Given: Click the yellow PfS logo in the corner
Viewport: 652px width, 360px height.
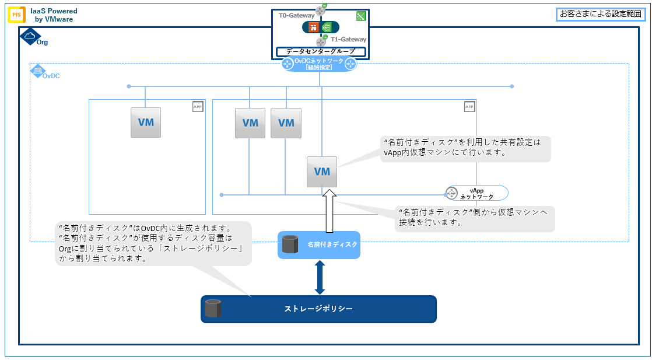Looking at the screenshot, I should tap(16, 15).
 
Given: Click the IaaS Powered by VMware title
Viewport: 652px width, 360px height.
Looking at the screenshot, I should tap(54, 15).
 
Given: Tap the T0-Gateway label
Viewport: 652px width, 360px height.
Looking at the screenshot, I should tap(297, 16).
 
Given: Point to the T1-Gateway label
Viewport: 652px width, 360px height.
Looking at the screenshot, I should tap(348, 40).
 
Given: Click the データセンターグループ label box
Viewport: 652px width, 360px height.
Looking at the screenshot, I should tap(321, 52).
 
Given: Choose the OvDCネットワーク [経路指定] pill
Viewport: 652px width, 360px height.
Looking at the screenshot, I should tap(319, 64).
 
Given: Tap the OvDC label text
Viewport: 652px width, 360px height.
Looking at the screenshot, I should tap(51, 76).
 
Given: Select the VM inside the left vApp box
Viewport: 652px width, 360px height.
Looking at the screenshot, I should tap(146, 123).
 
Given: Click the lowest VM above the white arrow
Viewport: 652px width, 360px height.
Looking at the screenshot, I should tap(322, 172).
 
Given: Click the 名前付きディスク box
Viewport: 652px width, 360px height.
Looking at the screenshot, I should tap(319, 244).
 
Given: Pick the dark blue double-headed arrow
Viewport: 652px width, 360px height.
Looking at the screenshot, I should tap(320, 277).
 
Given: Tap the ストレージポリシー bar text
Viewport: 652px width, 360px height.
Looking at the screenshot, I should tap(318, 309).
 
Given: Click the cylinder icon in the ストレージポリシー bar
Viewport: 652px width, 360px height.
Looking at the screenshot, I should tap(213, 309).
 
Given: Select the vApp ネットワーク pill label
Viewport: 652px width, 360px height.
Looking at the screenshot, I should tap(476, 193).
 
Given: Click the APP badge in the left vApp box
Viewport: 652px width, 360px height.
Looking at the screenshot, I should tap(198, 107).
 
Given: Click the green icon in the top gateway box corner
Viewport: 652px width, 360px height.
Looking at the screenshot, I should tap(361, 16).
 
